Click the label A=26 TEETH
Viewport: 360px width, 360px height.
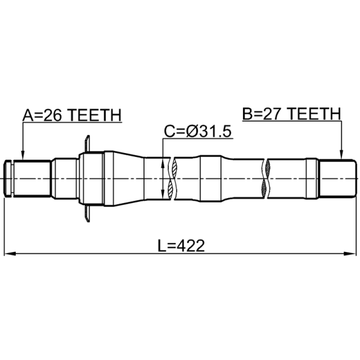(72, 115)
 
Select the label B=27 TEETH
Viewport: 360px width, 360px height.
(292, 114)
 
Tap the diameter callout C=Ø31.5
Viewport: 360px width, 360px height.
(198, 131)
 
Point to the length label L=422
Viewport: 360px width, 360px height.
(181, 246)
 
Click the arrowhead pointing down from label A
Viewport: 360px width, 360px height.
(22, 155)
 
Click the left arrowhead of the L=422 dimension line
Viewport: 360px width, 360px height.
(10, 254)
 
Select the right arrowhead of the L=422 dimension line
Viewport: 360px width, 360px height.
(350, 254)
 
